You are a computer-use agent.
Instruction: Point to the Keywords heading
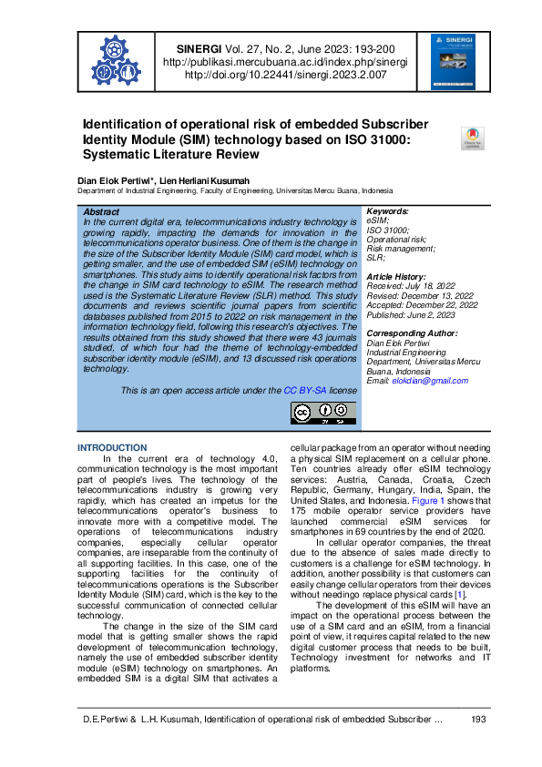[x=387, y=211]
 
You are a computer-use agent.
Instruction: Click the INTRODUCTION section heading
[x=112, y=448]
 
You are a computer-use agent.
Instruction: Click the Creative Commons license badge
[x=322, y=413]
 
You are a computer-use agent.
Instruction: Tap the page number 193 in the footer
[x=477, y=720]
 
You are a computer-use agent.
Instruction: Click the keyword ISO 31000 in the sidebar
[x=387, y=230]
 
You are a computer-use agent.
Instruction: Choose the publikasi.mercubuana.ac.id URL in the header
[x=284, y=63]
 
